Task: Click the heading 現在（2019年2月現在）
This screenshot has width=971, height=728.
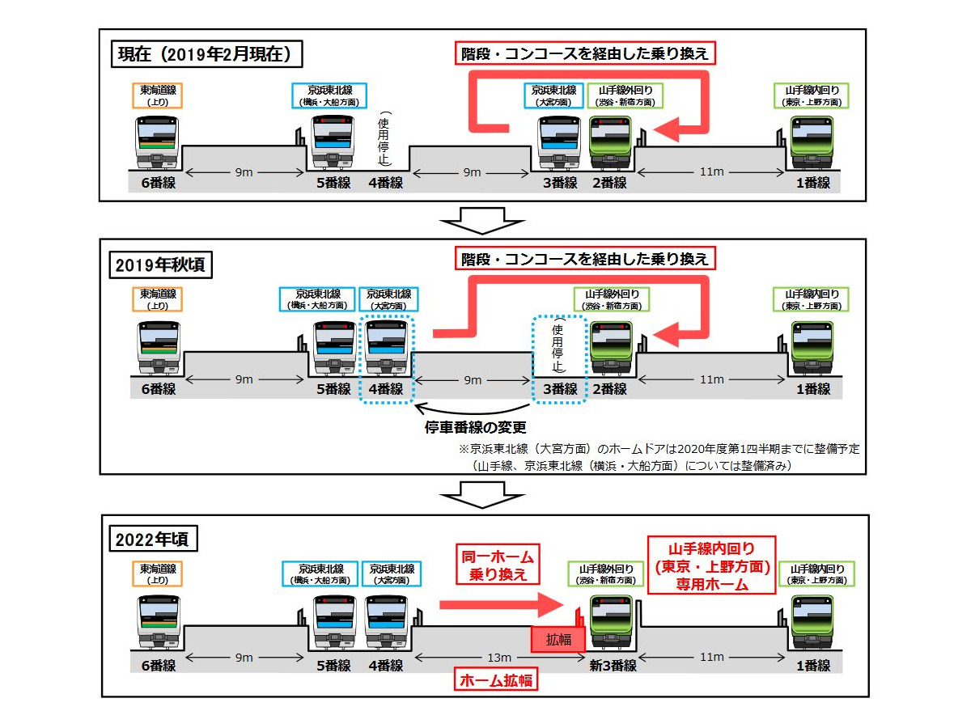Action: (x=209, y=55)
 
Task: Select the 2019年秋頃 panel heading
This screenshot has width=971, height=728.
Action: (x=162, y=264)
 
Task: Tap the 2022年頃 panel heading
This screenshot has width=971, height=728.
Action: (x=157, y=540)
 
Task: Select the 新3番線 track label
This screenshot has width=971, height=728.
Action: (x=613, y=666)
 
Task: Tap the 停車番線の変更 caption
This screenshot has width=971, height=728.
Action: (x=475, y=426)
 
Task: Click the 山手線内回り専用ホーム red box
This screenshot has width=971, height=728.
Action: (x=712, y=565)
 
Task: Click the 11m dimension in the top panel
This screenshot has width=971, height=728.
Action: (x=710, y=172)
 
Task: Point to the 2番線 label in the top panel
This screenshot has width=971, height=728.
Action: (x=609, y=183)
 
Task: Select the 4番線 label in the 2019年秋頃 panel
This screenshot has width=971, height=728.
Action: (x=385, y=389)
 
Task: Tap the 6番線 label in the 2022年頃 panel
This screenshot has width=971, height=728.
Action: (x=158, y=666)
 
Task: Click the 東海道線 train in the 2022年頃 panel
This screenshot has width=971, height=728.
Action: (x=158, y=622)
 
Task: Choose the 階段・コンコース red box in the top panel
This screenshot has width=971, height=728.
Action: (x=585, y=54)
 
